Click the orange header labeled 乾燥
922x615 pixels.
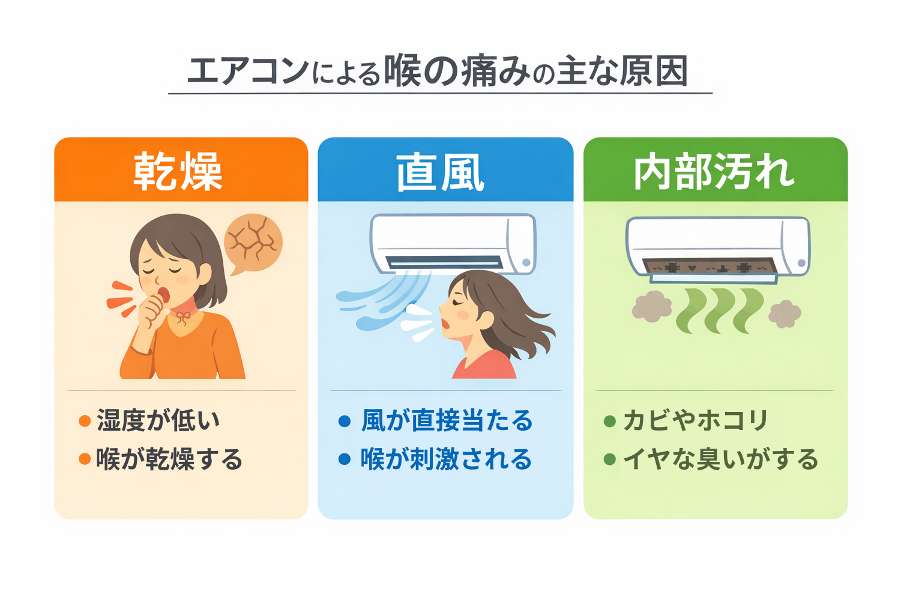pyautogui.click(x=180, y=171)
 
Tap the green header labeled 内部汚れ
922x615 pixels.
pyautogui.click(x=714, y=171)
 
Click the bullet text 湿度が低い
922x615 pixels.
pyautogui.click(x=158, y=420)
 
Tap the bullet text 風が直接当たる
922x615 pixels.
pyautogui.click(x=447, y=420)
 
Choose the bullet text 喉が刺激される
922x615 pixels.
pyautogui.click(x=446, y=459)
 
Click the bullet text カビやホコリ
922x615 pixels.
pyautogui.click(x=695, y=420)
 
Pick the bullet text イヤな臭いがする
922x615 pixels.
pyautogui.click(x=720, y=459)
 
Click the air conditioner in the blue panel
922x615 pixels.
pyautogui.click(x=453, y=244)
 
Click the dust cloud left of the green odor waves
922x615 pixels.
pyautogui.click(x=651, y=306)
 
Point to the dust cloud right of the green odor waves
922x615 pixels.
pyautogui.click(x=785, y=314)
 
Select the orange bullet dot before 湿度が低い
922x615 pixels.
pyautogui.click(x=85, y=421)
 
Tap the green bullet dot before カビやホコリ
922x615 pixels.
pyautogui.click(x=610, y=421)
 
